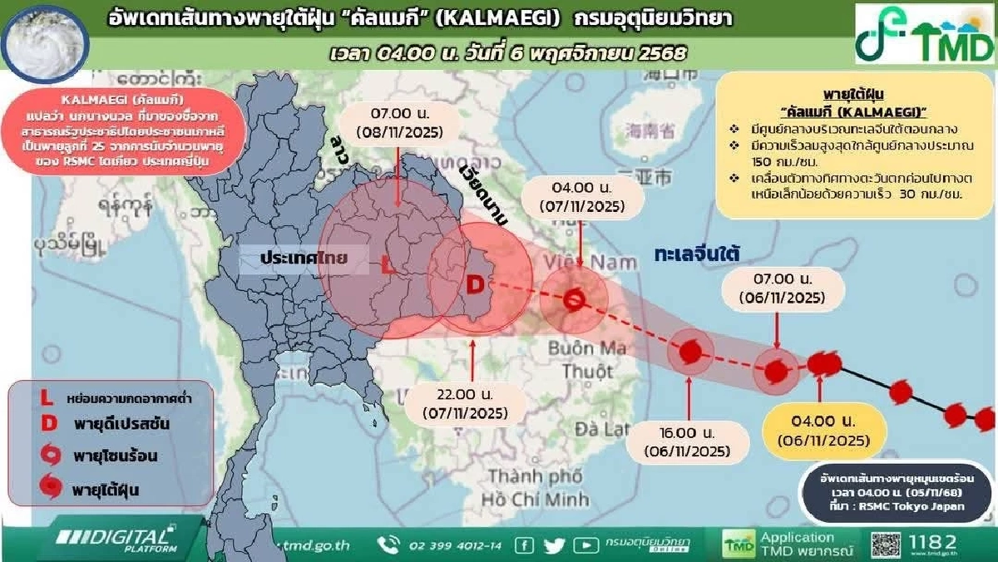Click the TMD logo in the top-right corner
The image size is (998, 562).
click(925, 33)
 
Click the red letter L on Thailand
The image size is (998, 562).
click(387, 267)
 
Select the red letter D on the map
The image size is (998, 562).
click(474, 285)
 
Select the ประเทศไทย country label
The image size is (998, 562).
click(302, 259)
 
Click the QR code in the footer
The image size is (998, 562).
click(886, 544)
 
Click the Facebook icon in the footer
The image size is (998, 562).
click(524, 545)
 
